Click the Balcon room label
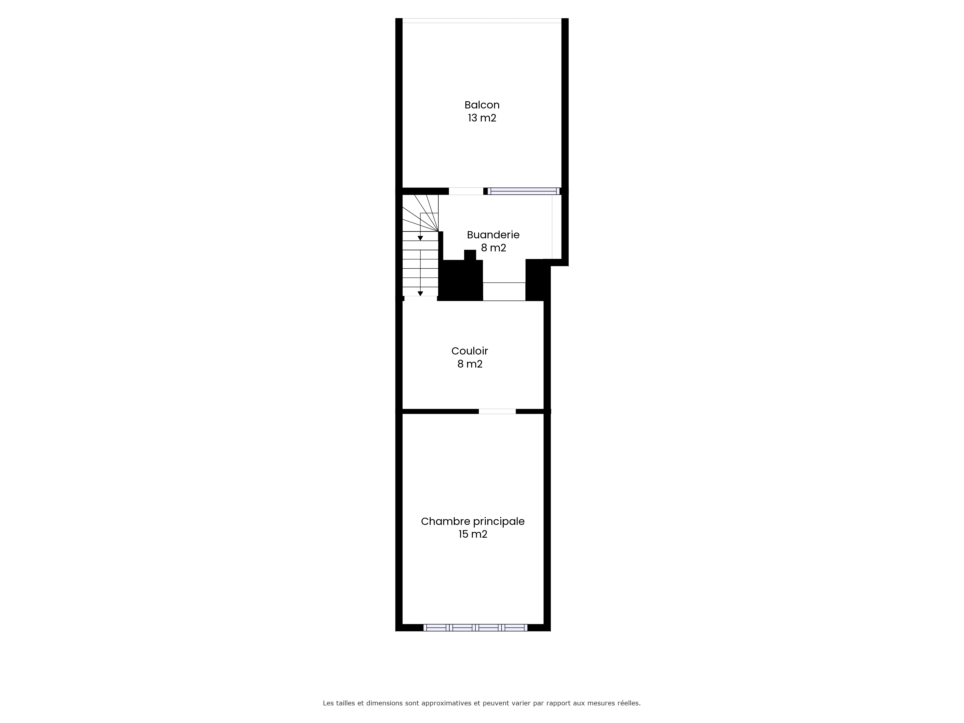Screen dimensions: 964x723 [x=482, y=105]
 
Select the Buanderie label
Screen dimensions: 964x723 [x=493, y=235]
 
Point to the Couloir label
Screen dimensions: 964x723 [x=470, y=351]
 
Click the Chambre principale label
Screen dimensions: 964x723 [x=473, y=521]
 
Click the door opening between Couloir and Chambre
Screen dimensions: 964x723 [x=497, y=411]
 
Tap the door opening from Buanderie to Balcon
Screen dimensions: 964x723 [x=466, y=191]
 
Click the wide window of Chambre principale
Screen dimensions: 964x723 [x=475, y=628]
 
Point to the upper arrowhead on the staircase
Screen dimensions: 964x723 [x=420, y=238]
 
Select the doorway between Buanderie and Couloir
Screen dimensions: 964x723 [x=504, y=292]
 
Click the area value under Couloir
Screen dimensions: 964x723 [x=470, y=364]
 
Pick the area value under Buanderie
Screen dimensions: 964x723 [x=493, y=248]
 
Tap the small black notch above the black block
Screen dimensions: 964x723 [x=470, y=255]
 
